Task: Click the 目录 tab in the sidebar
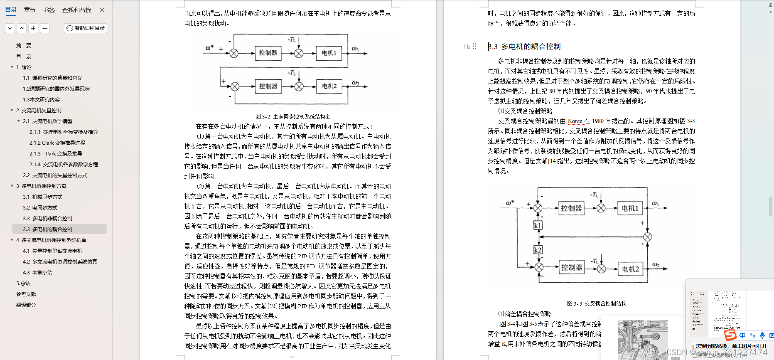11,10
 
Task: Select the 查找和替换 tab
77,10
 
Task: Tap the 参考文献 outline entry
26,294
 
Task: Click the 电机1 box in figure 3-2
329,53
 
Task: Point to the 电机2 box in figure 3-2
329,86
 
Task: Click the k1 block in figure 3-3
538,225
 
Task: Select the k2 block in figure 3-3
538,250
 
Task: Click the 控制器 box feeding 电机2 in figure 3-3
572,268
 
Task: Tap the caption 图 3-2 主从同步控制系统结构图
293,116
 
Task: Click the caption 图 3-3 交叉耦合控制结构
597,303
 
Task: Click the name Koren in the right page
575,121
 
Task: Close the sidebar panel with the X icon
102,10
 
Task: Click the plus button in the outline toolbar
33,28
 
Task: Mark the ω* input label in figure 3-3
510,203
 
